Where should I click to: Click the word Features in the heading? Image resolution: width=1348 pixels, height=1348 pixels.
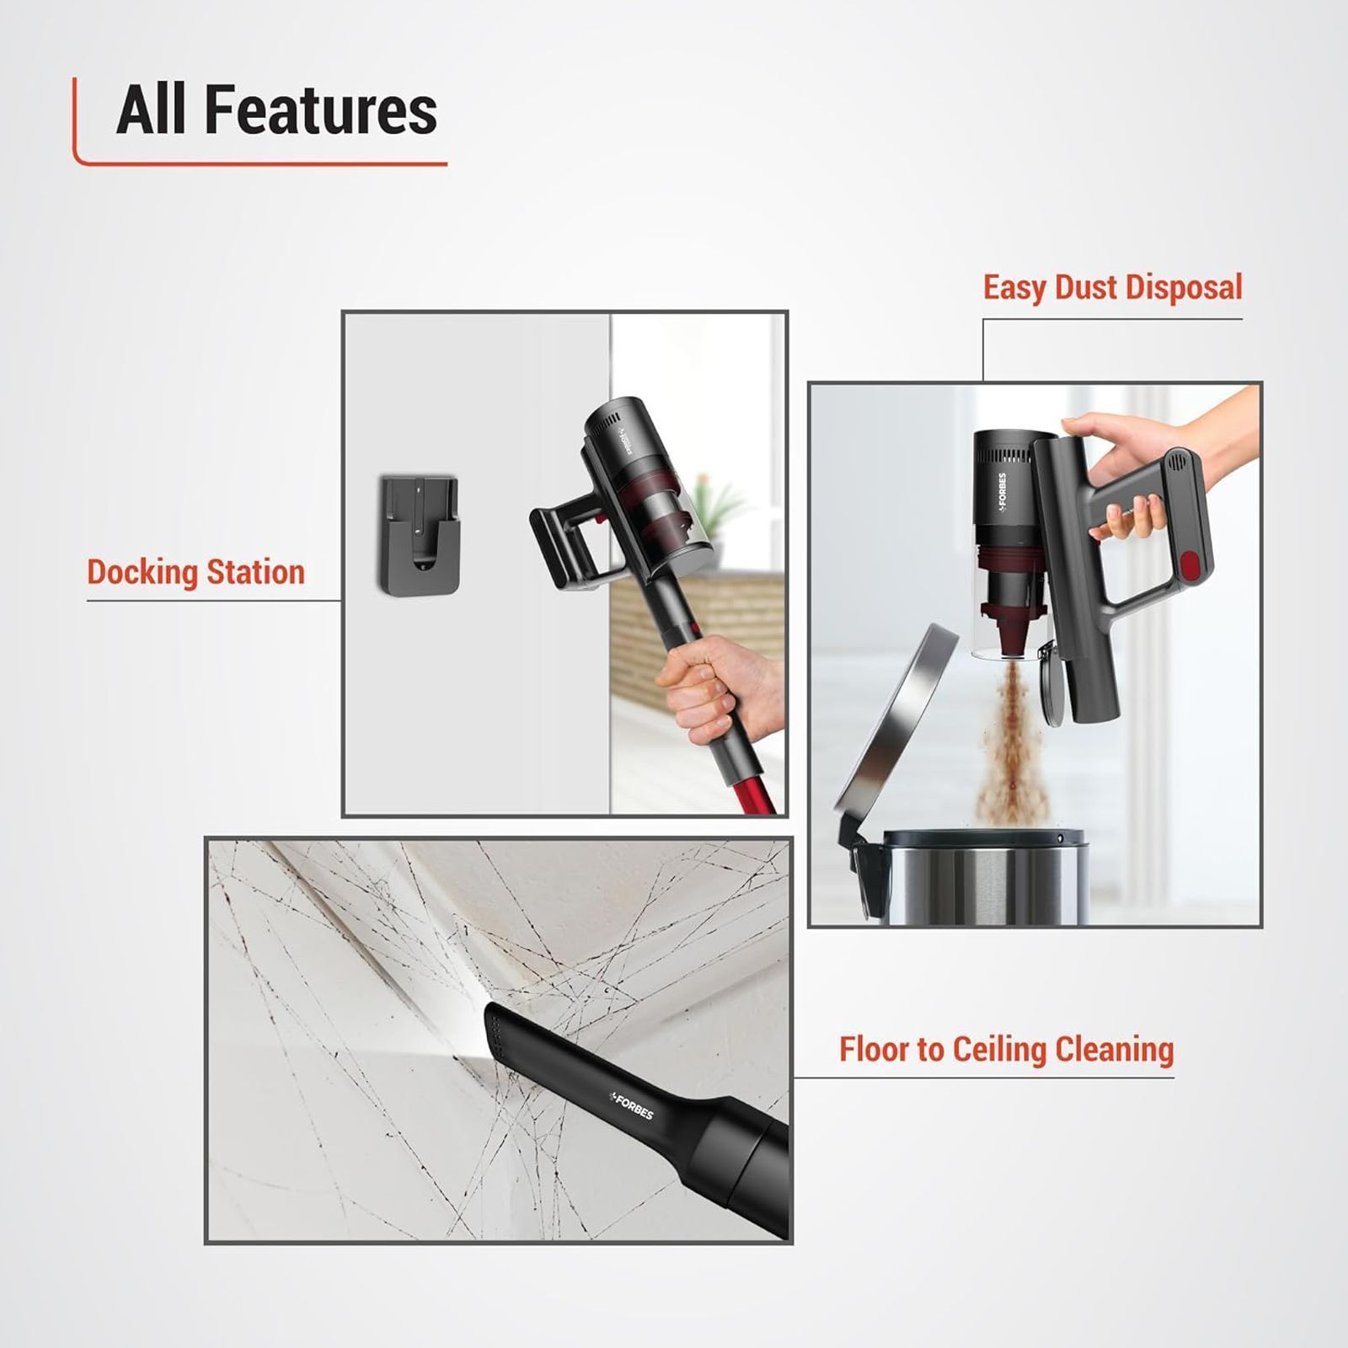(321, 110)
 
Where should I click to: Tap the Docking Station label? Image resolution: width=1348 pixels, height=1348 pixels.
(195, 572)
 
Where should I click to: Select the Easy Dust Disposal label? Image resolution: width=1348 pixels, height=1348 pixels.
(1112, 287)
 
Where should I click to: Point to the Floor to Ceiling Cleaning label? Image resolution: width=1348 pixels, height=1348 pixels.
(1006, 1050)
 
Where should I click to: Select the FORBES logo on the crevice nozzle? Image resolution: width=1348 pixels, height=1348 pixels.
(632, 1105)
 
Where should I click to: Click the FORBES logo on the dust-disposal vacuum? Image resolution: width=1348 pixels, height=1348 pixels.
(1001, 490)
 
